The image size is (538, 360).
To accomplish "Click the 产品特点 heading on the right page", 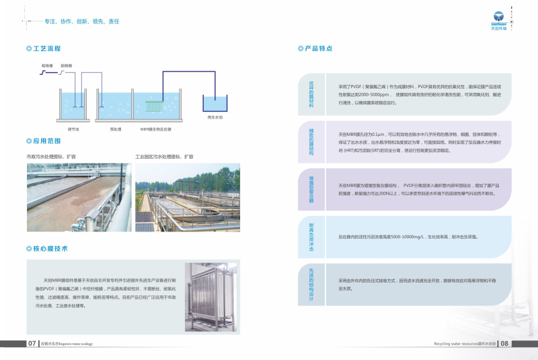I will (x=318, y=48).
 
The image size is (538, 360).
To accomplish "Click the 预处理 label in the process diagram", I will (x=115, y=129).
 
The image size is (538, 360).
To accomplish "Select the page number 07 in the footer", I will (x=32, y=343).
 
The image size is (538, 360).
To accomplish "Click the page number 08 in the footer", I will (x=505, y=343).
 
